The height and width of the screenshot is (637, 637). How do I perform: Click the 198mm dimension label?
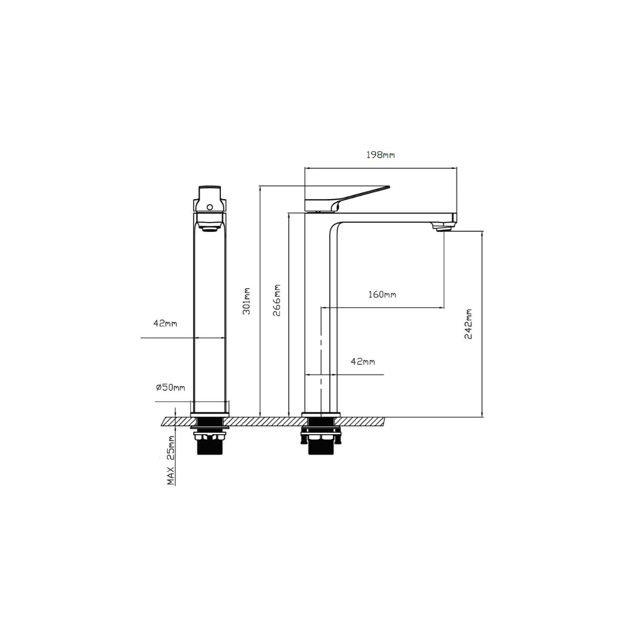(380, 154)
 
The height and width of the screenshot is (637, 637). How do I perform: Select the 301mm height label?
(247, 301)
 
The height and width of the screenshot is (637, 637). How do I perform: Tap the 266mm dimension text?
(277, 300)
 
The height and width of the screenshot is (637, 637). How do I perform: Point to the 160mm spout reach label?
(382, 294)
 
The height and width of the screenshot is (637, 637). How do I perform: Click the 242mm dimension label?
(468, 324)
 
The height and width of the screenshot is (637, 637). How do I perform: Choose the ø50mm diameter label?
(170, 387)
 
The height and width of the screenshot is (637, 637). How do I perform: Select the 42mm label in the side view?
(363, 361)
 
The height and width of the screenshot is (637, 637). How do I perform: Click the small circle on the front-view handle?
(209, 207)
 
